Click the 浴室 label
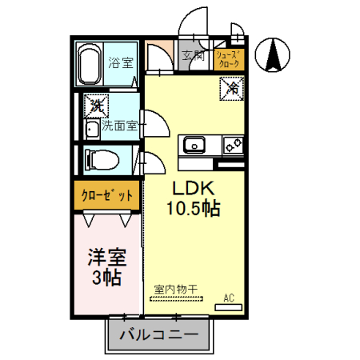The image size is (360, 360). (121, 62)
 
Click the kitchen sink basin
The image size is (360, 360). (194, 145)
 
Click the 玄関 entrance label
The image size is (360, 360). (192, 55)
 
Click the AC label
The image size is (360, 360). (229, 298)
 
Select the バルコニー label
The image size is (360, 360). (159, 335)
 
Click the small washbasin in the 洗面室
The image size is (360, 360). (91, 130)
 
